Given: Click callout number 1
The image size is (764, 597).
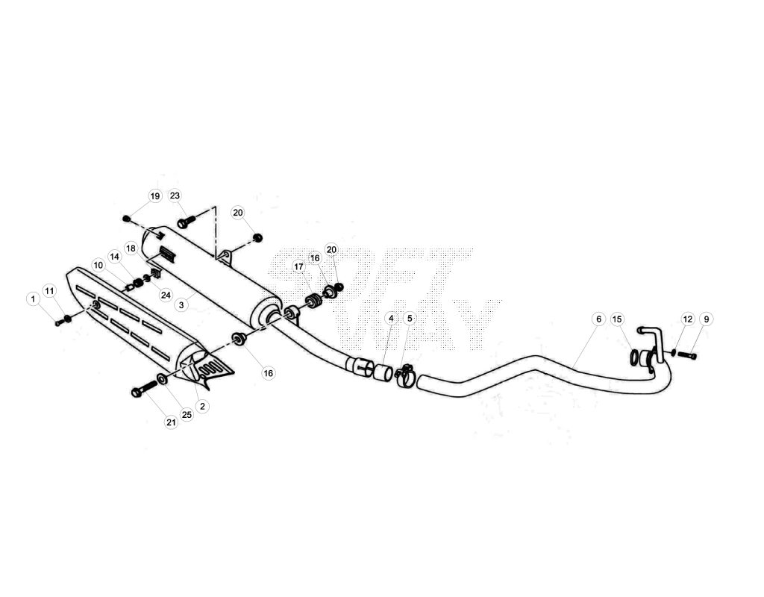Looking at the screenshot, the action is (x=33, y=298).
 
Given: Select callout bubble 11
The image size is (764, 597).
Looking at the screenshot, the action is (x=49, y=291).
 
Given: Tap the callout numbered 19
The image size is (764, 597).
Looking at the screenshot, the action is (x=155, y=196).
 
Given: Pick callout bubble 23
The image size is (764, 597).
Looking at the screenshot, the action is (x=175, y=196).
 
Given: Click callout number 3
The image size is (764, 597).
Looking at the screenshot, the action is (x=181, y=305).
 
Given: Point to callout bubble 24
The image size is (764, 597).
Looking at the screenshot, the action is (x=166, y=296).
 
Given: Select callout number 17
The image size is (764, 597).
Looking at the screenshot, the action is (x=298, y=266).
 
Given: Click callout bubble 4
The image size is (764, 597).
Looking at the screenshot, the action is (x=391, y=318).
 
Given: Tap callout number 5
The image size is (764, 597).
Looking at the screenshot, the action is (x=410, y=318).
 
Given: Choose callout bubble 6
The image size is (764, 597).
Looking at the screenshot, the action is (x=599, y=319).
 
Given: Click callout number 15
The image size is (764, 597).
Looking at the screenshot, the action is (x=617, y=319).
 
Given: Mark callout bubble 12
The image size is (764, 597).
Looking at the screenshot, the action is (x=687, y=319).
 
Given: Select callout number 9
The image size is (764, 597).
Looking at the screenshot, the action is (x=707, y=319).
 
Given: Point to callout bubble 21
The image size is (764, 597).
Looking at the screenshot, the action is (x=171, y=422).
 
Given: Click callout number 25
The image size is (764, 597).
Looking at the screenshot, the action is (x=187, y=414).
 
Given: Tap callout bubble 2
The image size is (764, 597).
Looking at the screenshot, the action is (x=202, y=406).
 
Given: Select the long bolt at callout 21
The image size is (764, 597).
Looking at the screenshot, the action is (x=145, y=387).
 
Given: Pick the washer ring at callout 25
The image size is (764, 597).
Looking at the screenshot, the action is (x=162, y=378).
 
